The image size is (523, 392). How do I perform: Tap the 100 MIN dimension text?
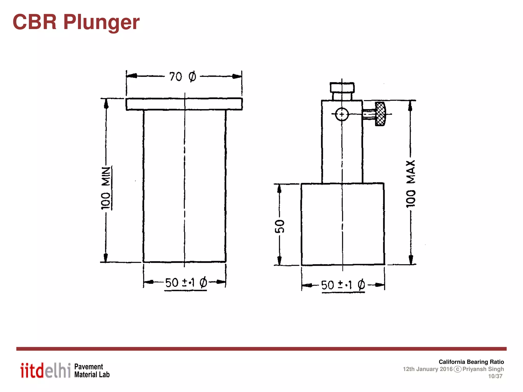106,188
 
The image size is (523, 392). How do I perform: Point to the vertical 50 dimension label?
280,226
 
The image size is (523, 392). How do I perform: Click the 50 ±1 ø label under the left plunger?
186,283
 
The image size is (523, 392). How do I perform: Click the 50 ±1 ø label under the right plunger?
343,285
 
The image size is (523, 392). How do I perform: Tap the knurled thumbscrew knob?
380,114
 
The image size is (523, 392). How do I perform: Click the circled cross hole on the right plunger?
342,114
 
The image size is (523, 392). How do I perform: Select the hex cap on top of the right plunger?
342,87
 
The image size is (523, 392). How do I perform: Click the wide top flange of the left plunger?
184,104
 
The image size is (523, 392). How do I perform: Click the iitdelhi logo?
45,370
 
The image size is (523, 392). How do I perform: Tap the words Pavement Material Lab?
92,371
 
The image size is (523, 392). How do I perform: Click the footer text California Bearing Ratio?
471,362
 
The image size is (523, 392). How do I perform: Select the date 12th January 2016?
428,369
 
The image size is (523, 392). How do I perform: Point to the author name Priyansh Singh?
483,369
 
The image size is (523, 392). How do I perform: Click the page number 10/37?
495,376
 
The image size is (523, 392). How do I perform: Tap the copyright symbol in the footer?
457,369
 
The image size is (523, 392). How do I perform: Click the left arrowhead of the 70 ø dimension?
132,76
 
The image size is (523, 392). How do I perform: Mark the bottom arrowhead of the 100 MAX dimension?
411,260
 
